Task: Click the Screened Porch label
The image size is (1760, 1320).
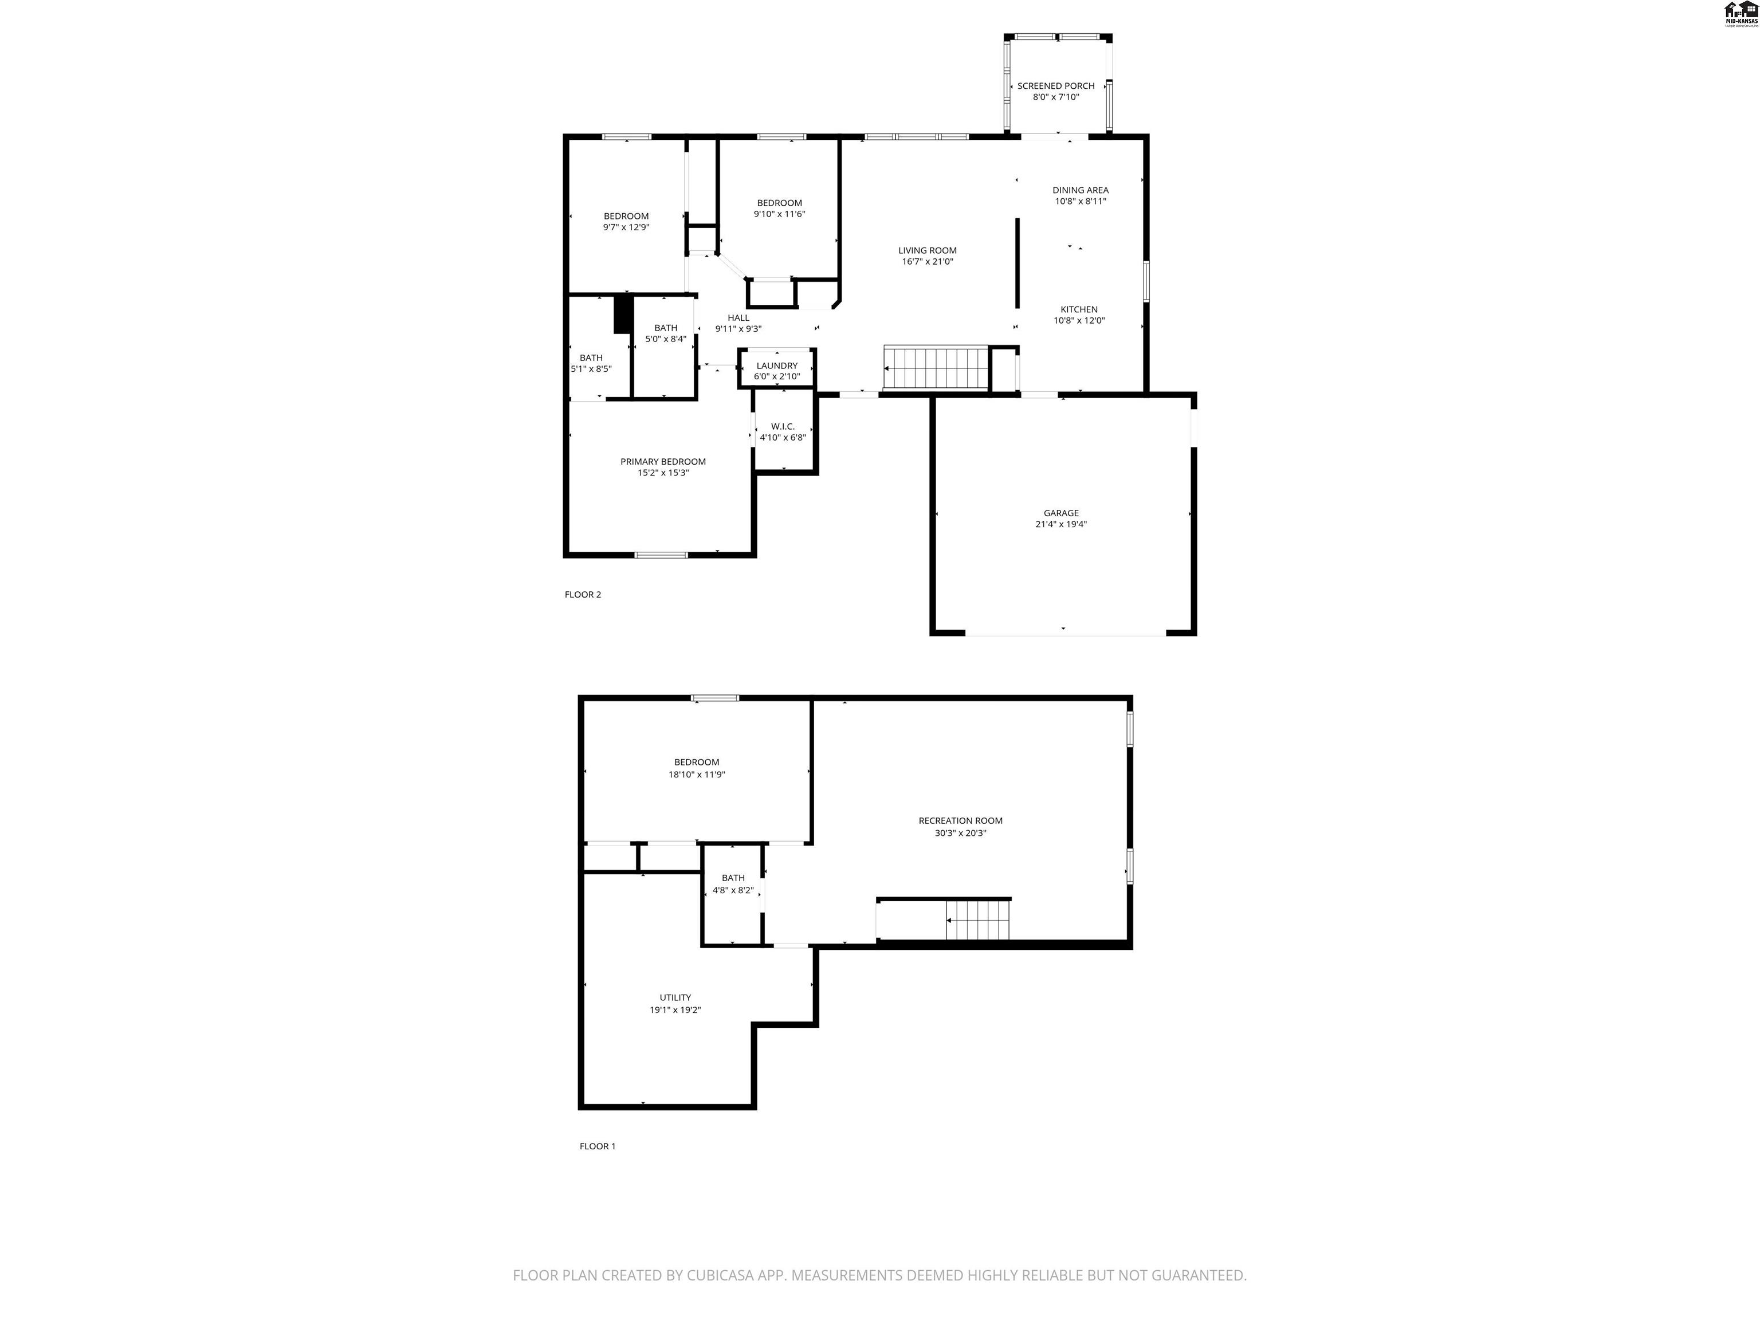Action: click(x=1055, y=86)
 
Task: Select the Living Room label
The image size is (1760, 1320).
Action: click(x=927, y=250)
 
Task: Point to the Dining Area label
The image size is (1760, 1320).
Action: click(x=1080, y=190)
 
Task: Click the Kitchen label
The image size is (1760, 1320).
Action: click(x=1078, y=309)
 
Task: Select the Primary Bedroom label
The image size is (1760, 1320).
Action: click(x=663, y=461)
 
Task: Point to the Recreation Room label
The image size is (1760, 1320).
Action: click(x=960, y=820)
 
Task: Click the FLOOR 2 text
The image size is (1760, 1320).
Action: click(x=583, y=594)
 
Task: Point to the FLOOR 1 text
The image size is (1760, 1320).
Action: click(x=597, y=1146)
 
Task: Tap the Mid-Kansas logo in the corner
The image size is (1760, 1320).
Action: click(x=1739, y=14)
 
